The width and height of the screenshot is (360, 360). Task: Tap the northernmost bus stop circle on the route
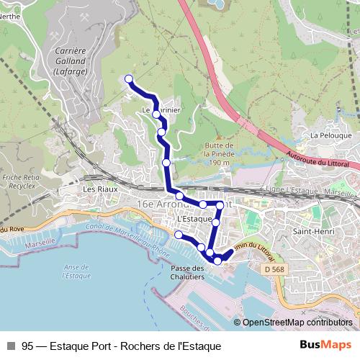point(129,79)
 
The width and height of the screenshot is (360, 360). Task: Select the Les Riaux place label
point(100,189)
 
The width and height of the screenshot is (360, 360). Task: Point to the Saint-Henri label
point(310,231)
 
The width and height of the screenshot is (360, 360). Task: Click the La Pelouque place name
point(330,135)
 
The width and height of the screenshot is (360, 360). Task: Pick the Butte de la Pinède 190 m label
point(221,153)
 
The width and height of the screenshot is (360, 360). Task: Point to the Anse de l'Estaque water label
point(76,270)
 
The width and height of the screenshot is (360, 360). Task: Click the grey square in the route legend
point(11,346)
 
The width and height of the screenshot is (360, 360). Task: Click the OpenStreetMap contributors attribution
point(295,323)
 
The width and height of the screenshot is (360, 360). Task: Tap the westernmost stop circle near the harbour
point(179,235)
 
